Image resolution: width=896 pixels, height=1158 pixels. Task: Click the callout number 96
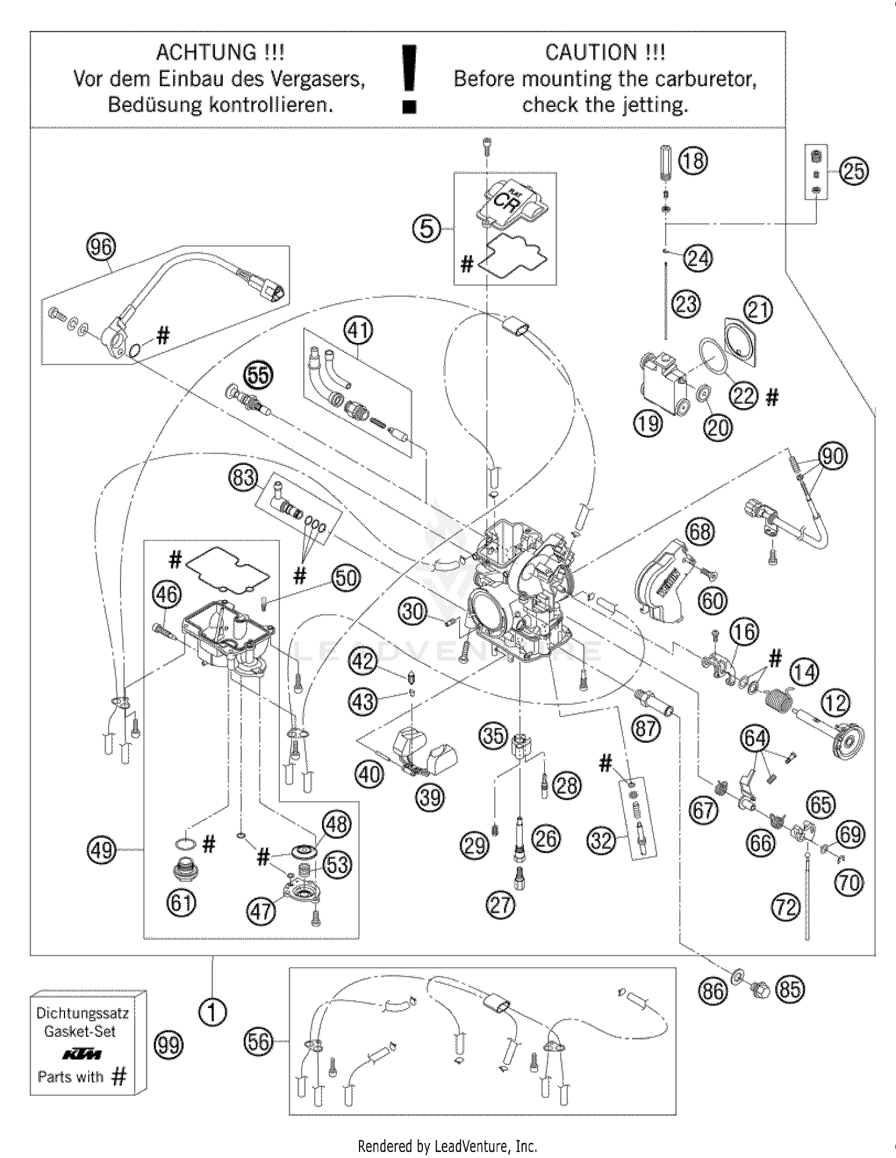tap(101, 247)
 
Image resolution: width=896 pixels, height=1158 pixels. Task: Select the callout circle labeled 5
tap(427, 228)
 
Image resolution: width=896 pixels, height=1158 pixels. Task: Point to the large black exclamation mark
tap(409, 78)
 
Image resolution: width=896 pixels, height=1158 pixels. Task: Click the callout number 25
tap(854, 171)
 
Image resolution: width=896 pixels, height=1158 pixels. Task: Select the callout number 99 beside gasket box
tap(169, 1045)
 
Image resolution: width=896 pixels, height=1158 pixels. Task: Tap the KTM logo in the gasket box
tap(82, 1054)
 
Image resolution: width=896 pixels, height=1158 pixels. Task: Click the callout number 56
tap(259, 1042)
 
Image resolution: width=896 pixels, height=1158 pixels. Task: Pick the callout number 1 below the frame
tap(213, 1013)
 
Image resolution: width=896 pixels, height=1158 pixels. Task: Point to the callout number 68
tap(701, 531)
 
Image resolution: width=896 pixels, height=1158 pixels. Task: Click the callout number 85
tap(790, 989)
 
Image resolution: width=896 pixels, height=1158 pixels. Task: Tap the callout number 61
tap(181, 902)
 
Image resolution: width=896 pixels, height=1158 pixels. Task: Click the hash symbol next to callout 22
tap(772, 397)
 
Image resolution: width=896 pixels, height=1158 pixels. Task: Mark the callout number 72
tap(785, 908)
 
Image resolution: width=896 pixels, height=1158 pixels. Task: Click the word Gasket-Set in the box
tap(80, 1031)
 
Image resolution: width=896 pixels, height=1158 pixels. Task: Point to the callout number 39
tap(429, 797)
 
